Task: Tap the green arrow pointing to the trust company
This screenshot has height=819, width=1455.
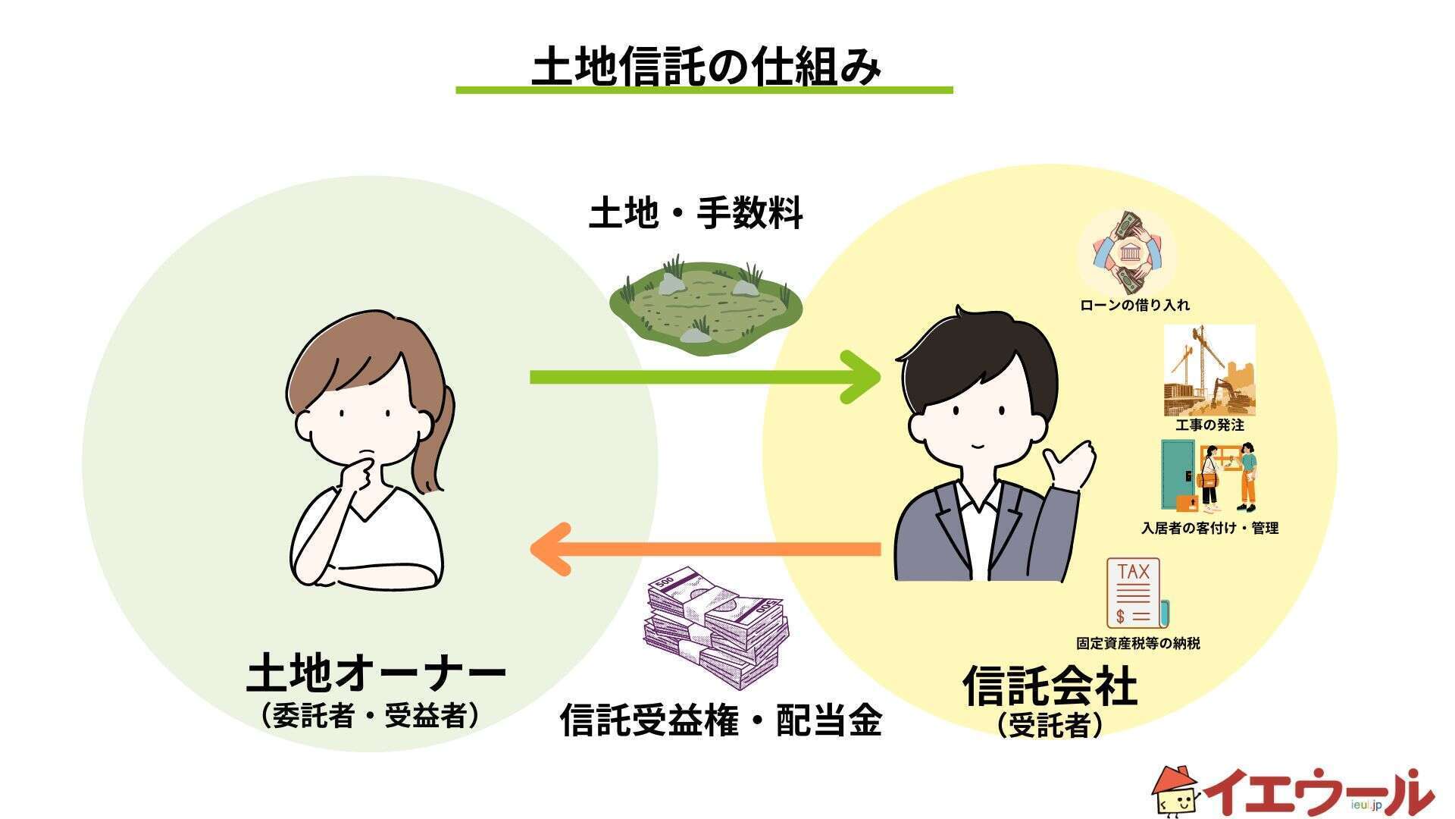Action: tap(705, 377)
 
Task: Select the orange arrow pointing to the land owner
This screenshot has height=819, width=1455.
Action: tap(705, 548)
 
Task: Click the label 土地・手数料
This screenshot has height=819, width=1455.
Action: tap(696, 214)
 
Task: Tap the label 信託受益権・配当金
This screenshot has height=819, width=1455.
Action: tap(721, 720)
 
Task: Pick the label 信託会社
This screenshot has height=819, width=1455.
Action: tap(1050, 686)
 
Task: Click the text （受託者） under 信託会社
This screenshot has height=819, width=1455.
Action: tap(1050, 726)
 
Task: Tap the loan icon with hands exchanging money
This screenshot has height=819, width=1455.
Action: tap(1126, 253)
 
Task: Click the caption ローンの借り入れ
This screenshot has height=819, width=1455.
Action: tap(1134, 306)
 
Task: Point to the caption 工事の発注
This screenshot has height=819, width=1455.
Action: tap(1209, 425)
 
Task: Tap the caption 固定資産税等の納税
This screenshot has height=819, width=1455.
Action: tap(1138, 644)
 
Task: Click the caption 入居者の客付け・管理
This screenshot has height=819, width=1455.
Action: tap(1209, 529)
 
